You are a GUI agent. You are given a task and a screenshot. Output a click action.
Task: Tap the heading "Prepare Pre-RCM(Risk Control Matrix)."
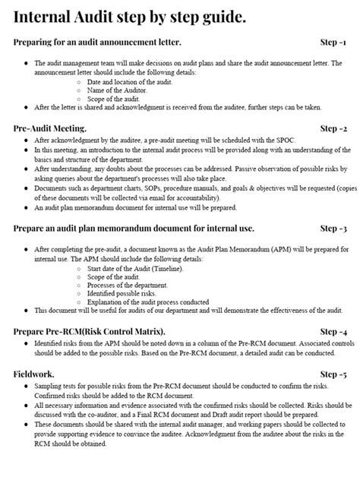[90, 333]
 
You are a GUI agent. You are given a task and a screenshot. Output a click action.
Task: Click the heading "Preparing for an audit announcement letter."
[97, 42]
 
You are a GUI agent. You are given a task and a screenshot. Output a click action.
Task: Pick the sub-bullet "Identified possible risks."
[122, 293]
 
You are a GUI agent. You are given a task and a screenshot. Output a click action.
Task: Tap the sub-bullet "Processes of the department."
[127, 285]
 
